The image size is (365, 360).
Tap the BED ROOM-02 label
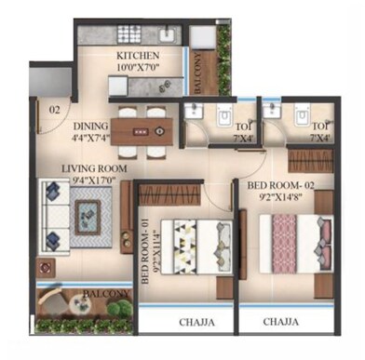(283, 186)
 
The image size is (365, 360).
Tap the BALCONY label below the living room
(104, 294)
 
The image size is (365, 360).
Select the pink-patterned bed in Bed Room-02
(295, 243)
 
